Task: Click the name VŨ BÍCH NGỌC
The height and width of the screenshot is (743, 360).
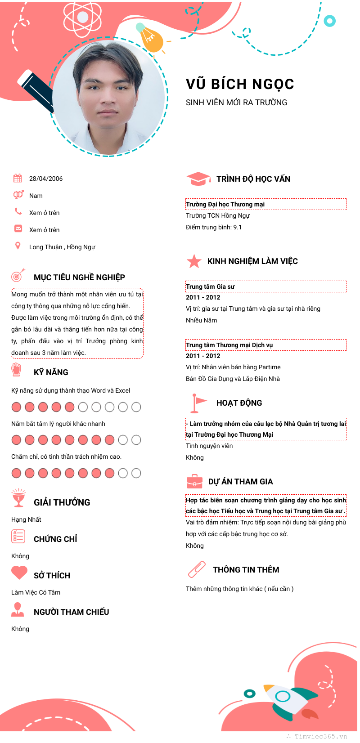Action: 240,84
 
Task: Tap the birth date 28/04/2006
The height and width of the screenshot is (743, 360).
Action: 46,179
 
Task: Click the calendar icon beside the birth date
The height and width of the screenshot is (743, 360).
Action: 18,178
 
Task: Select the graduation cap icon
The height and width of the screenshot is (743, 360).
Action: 198,179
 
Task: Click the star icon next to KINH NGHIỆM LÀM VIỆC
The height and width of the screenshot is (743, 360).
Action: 194,261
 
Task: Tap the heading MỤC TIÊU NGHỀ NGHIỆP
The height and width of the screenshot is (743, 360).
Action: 79,277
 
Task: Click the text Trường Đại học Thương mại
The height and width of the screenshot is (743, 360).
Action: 225,204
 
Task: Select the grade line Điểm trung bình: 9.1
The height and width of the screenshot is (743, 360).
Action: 214,227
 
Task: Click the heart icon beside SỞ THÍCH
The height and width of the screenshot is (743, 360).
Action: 19,573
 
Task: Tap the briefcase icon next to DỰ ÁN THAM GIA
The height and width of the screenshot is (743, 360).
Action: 194,481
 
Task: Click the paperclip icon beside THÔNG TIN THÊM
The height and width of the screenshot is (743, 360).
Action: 197,569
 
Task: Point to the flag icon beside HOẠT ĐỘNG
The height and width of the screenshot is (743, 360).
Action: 197,403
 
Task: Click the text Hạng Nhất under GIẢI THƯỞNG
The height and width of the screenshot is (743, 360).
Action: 26,519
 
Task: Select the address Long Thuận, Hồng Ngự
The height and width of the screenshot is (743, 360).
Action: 62,247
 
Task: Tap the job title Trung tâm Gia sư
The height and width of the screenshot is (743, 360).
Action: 210,286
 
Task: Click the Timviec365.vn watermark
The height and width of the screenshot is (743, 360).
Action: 320,736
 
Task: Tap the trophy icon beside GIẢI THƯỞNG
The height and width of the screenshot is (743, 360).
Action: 18,498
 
